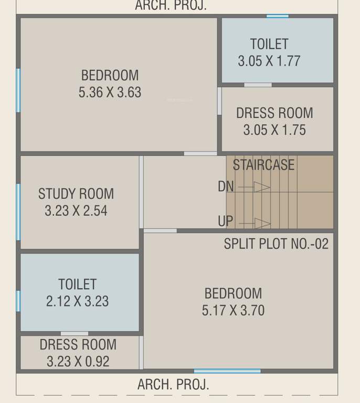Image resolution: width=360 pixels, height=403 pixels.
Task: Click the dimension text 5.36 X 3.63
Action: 110,92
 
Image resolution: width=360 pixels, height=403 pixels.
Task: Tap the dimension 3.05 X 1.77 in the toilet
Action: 269,61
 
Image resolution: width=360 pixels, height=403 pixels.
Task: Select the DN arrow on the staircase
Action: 261,187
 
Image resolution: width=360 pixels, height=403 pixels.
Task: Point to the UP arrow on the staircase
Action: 262,224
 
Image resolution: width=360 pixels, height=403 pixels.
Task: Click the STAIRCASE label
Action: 263,165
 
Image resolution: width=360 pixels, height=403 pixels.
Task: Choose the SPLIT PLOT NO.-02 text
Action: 276,244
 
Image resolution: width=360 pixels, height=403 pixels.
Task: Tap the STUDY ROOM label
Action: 76,194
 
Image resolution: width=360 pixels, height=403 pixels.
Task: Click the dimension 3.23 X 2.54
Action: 76,211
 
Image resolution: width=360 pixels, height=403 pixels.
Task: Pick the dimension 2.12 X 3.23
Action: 78,302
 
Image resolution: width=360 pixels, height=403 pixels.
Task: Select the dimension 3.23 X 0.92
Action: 78,362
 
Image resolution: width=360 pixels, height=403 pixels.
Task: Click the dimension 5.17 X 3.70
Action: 233,311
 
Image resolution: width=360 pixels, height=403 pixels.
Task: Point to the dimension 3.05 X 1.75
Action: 274,130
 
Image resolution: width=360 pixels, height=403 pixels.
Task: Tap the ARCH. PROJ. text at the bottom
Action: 173,384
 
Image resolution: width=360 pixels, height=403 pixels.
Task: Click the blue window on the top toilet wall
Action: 277,16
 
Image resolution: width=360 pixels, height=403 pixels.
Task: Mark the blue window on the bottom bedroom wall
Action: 227,372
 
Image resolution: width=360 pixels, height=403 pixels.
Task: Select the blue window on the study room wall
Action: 18,211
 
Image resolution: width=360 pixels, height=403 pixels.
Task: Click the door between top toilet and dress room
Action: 258,84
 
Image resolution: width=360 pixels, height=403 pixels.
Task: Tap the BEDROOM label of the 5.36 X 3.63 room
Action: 110,75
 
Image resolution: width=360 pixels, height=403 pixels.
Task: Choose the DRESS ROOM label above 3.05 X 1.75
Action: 274,113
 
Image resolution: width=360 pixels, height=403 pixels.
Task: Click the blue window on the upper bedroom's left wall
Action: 18,90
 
